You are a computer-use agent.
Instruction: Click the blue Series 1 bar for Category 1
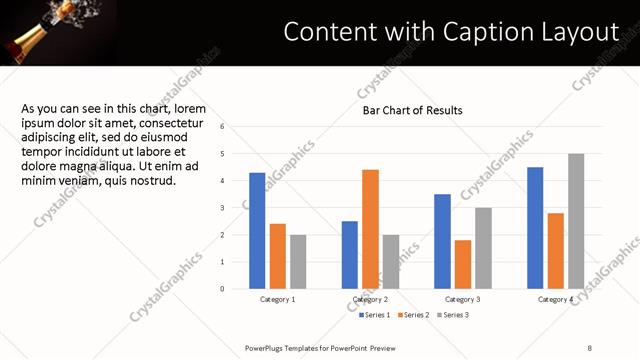click(x=257, y=231)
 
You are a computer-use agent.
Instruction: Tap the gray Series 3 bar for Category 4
click(x=576, y=221)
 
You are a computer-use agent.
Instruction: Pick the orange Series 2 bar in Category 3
click(x=463, y=264)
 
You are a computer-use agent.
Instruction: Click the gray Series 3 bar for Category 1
click(x=298, y=262)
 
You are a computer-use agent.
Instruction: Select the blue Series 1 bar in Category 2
click(x=350, y=255)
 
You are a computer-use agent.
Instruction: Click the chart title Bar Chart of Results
click(x=412, y=110)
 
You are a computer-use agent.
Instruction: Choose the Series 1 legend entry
click(x=375, y=315)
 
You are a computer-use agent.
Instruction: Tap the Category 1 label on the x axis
click(x=278, y=300)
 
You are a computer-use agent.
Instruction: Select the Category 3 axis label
click(x=463, y=300)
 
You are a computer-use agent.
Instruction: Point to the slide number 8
click(x=590, y=348)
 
